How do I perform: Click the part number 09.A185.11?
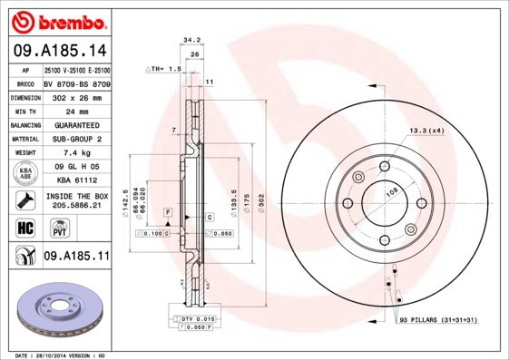(x=76, y=257)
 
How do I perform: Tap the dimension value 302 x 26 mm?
(x=77, y=97)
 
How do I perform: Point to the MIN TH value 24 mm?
(x=77, y=111)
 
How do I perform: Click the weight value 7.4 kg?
(x=77, y=153)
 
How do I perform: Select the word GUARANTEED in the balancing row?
(x=77, y=125)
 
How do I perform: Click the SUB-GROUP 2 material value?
(x=77, y=139)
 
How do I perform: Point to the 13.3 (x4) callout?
(x=426, y=131)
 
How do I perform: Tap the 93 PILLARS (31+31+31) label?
(x=438, y=321)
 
